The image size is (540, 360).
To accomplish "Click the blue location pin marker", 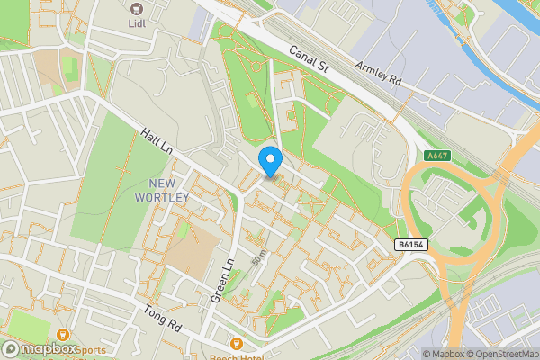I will coord(270,161).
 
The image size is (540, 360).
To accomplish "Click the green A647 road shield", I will coord(436,156).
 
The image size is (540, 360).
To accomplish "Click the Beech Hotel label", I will coord(236,355).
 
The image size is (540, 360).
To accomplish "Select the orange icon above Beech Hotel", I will coord(236,343).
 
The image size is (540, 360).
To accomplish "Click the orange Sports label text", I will coord(91,350).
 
